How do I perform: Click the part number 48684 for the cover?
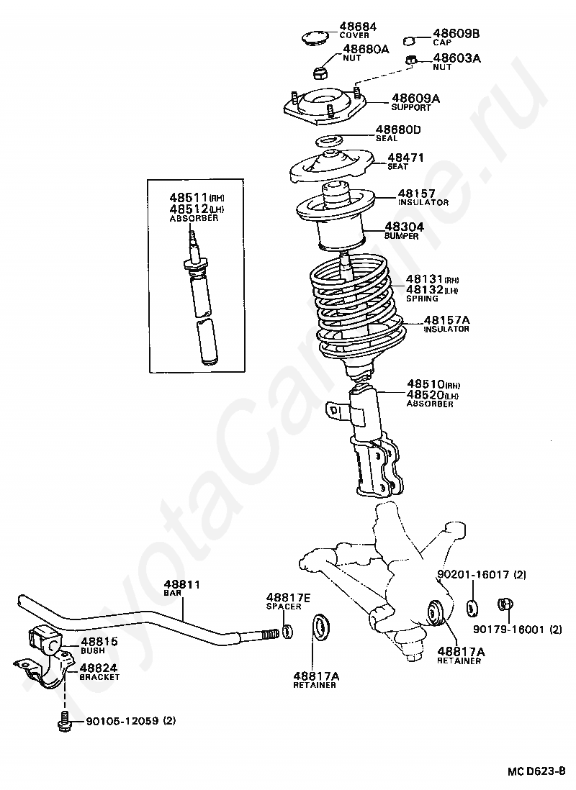pyautogui.click(x=358, y=26)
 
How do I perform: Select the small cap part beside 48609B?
pyautogui.click(x=410, y=40)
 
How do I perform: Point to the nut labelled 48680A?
pyautogui.click(x=319, y=73)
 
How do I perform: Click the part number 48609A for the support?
pyautogui.click(x=415, y=99)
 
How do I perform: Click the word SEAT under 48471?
pyautogui.click(x=397, y=167)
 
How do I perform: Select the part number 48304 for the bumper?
pyautogui.click(x=405, y=227)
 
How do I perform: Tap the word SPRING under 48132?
pyautogui.click(x=422, y=299)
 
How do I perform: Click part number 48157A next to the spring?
pyautogui.click(x=446, y=319)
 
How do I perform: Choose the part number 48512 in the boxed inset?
pyautogui.click(x=189, y=208)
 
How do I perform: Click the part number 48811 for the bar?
pyautogui.click(x=181, y=584)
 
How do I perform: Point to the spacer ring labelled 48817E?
pyautogui.click(x=288, y=630)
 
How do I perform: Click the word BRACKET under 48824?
pyautogui.click(x=99, y=677)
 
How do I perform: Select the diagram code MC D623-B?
pyautogui.click(x=536, y=771)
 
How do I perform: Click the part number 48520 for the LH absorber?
pyautogui.click(x=426, y=394)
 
